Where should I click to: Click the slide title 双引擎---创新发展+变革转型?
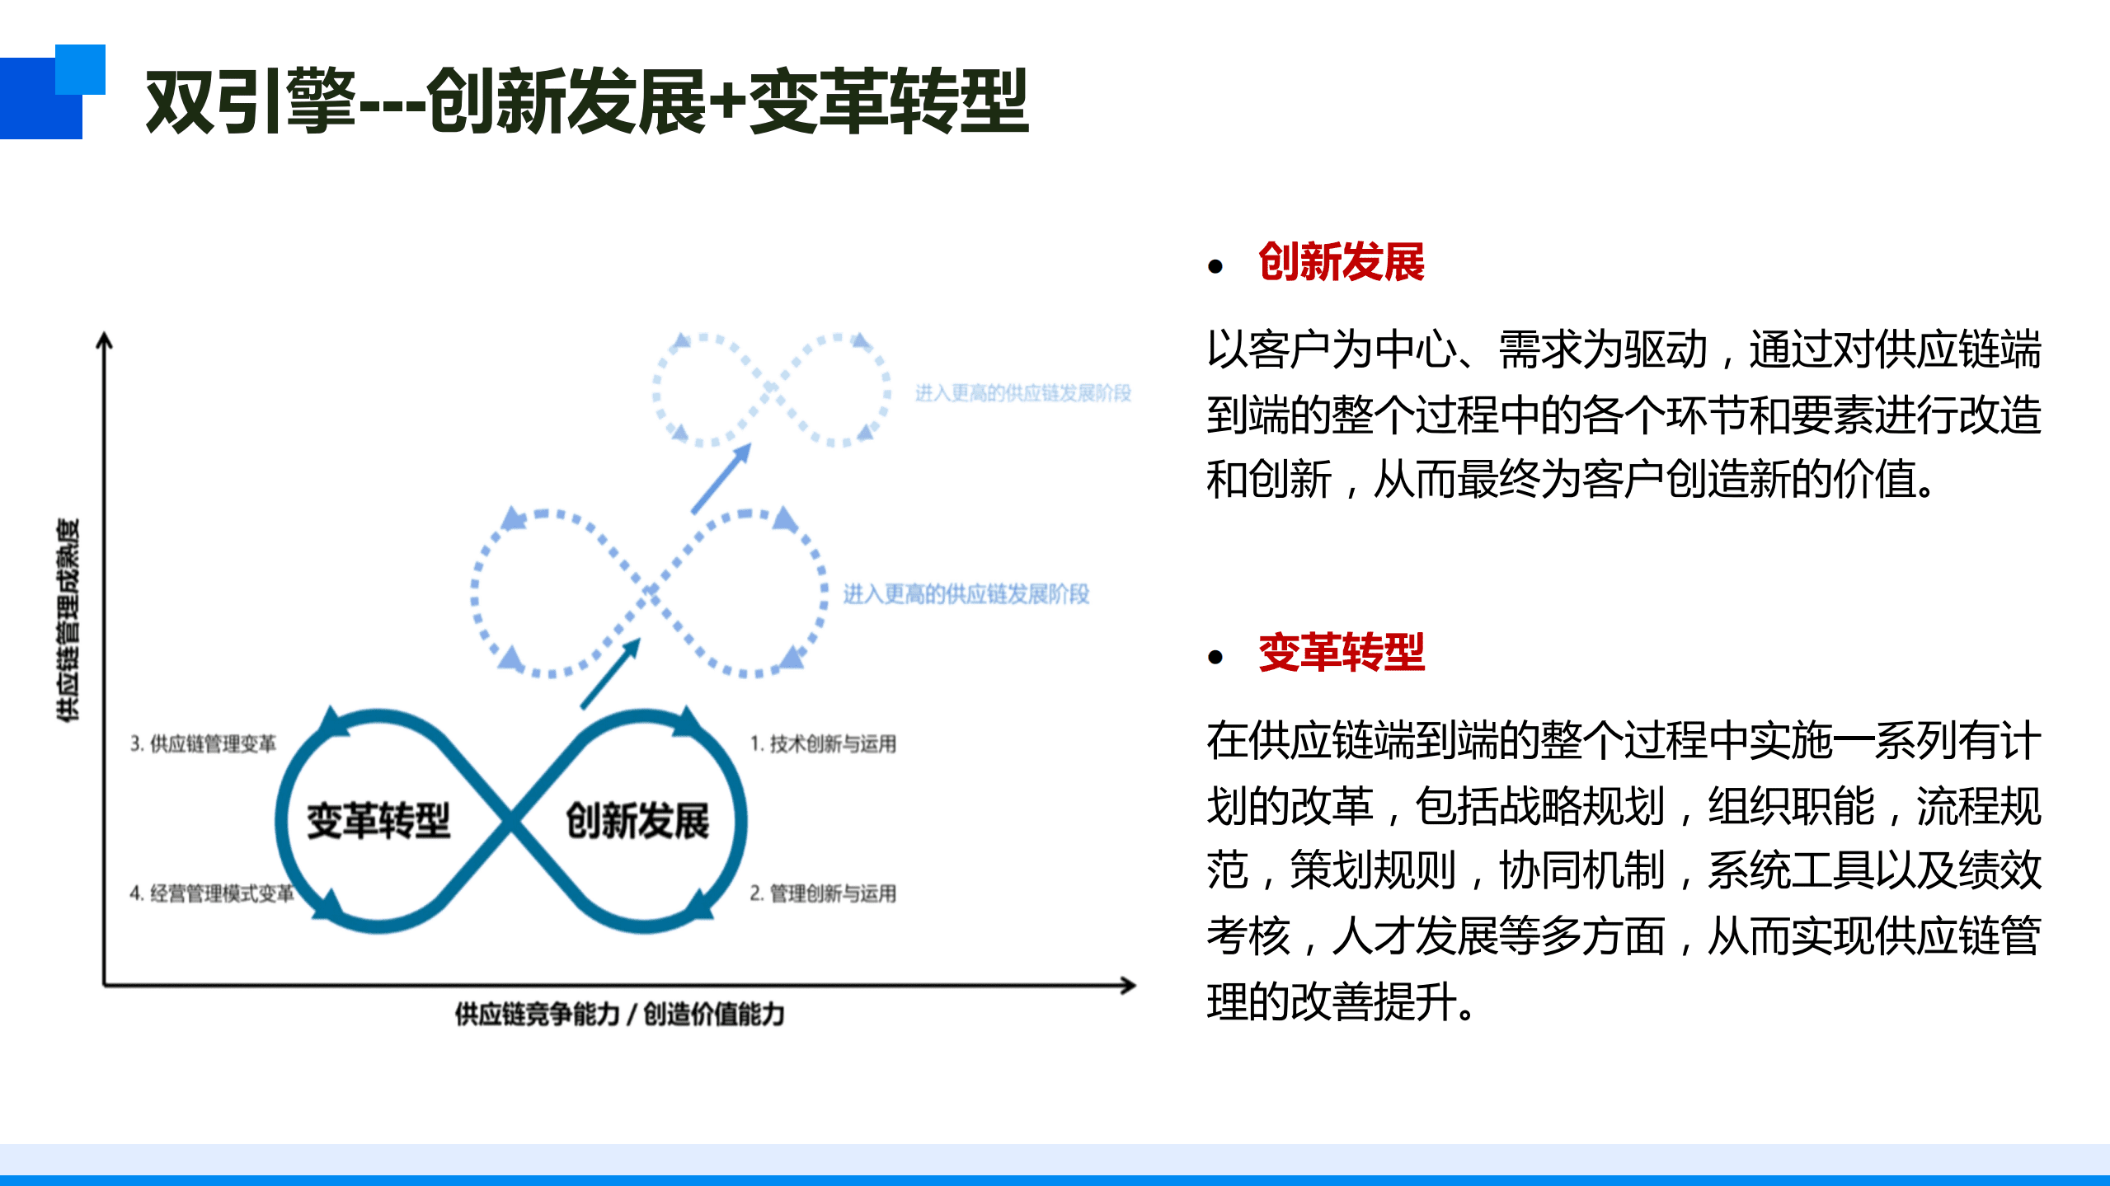click(586, 101)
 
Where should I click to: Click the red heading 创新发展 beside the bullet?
click(1341, 262)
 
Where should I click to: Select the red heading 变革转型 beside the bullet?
click(1341, 653)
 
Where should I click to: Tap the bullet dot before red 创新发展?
click(1215, 266)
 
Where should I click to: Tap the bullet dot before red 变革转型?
click(1215, 657)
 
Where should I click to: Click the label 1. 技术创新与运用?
click(822, 743)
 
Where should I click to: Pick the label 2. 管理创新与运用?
click(822, 893)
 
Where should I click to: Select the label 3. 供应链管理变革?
click(203, 743)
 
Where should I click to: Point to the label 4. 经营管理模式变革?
click(211, 893)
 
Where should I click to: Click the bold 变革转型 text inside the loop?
click(378, 821)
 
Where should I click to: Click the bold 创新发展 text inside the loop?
click(637, 821)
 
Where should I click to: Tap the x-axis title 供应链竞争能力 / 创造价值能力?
click(619, 1014)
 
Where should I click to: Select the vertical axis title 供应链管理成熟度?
click(68, 620)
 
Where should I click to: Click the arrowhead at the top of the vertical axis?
click(104, 340)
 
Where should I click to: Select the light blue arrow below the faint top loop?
click(721, 478)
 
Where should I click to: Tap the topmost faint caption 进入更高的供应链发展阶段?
click(1022, 393)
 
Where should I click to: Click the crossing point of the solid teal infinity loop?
click(511, 821)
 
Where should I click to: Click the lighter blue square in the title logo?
click(81, 69)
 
